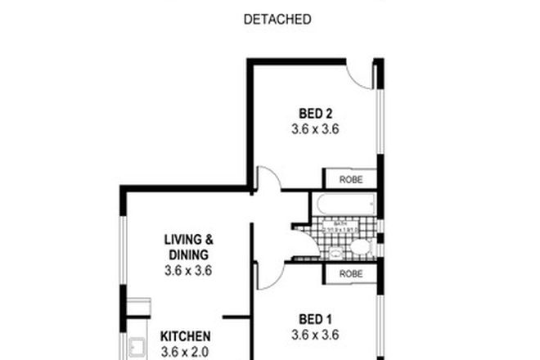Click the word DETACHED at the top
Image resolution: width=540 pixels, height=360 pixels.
coord(278,20)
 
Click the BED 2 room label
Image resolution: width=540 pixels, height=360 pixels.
coord(314,114)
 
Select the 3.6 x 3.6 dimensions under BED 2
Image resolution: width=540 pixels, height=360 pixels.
coord(314,129)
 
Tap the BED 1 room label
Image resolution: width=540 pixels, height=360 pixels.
coord(315,318)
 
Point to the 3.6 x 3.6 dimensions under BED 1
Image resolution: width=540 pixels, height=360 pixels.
coord(315,334)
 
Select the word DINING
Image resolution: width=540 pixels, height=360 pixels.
coord(188,254)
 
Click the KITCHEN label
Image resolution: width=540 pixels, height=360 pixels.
coord(185,336)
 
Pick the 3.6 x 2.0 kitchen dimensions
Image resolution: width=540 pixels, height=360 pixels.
coord(185,352)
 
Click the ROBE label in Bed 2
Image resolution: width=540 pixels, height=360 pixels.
coord(350,179)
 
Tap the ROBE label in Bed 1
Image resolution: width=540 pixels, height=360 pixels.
coord(350,274)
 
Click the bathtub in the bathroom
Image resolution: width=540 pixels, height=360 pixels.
coord(343,203)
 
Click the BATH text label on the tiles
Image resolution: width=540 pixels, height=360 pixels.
coord(331,222)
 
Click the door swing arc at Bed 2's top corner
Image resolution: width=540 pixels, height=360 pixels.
coord(361,76)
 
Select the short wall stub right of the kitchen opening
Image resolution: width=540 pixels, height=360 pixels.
coord(235,317)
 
